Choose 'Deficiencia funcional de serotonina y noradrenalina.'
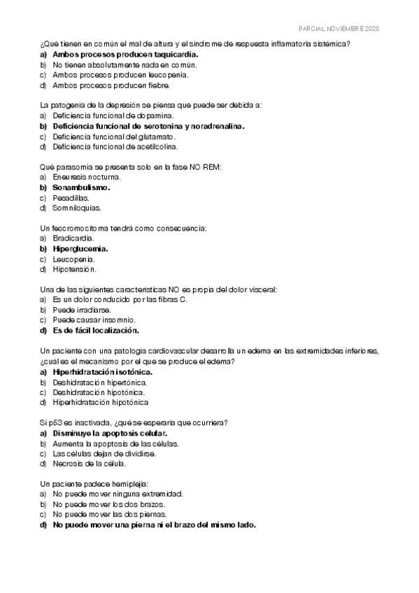tap(148, 126)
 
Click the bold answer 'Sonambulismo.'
tap(82, 187)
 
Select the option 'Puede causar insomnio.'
tap(94, 320)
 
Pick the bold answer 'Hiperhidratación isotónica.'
tap(102, 371)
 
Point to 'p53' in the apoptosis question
tap(55, 422)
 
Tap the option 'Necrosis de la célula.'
tap(91, 464)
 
